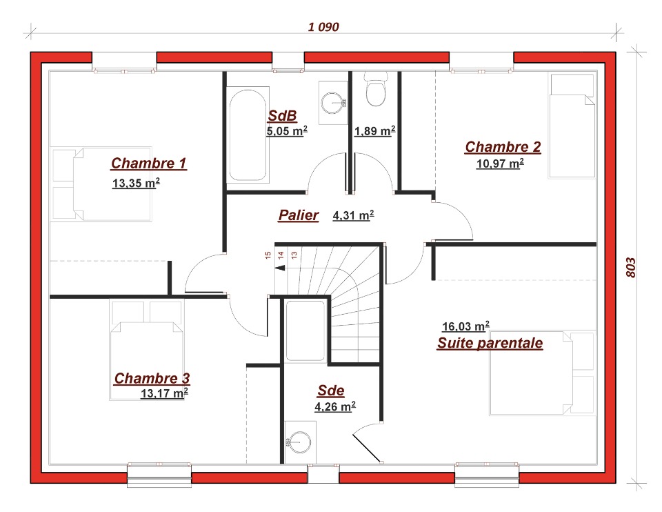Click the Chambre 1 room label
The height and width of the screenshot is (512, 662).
click(x=149, y=163)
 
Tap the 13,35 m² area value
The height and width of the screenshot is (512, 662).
click(x=136, y=183)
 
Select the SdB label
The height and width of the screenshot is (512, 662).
click(x=283, y=115)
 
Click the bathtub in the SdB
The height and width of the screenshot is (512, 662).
click(x=248, y=135)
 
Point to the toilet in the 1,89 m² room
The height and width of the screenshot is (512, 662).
click(x=376, y=90)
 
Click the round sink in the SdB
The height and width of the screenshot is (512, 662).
click(x=334, y=103)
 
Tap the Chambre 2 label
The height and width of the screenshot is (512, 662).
click(x=503, y=147)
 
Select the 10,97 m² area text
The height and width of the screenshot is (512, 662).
click(x=501, y=163)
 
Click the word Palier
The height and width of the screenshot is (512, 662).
click(x=299, y=215)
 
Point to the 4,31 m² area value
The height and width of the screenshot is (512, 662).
click(x=353, y=215)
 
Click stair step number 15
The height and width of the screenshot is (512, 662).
click(x=268, y=255)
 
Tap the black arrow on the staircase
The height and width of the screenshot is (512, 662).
click(x=280, y=268)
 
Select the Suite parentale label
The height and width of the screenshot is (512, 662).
click(x=490, y=343)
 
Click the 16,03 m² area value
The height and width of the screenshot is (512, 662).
click(x=465, y=326)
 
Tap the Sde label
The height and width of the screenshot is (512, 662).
click(x=331, y=391)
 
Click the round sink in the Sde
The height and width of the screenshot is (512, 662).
click(x=300, y=442)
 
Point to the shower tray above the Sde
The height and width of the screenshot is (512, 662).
click(x=305, y=331)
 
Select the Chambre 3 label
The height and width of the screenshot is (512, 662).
click(x=152, y=378)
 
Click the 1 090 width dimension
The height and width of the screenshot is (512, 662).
click(x=323, y=27)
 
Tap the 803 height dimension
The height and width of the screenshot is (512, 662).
click(x=630, y=268)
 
